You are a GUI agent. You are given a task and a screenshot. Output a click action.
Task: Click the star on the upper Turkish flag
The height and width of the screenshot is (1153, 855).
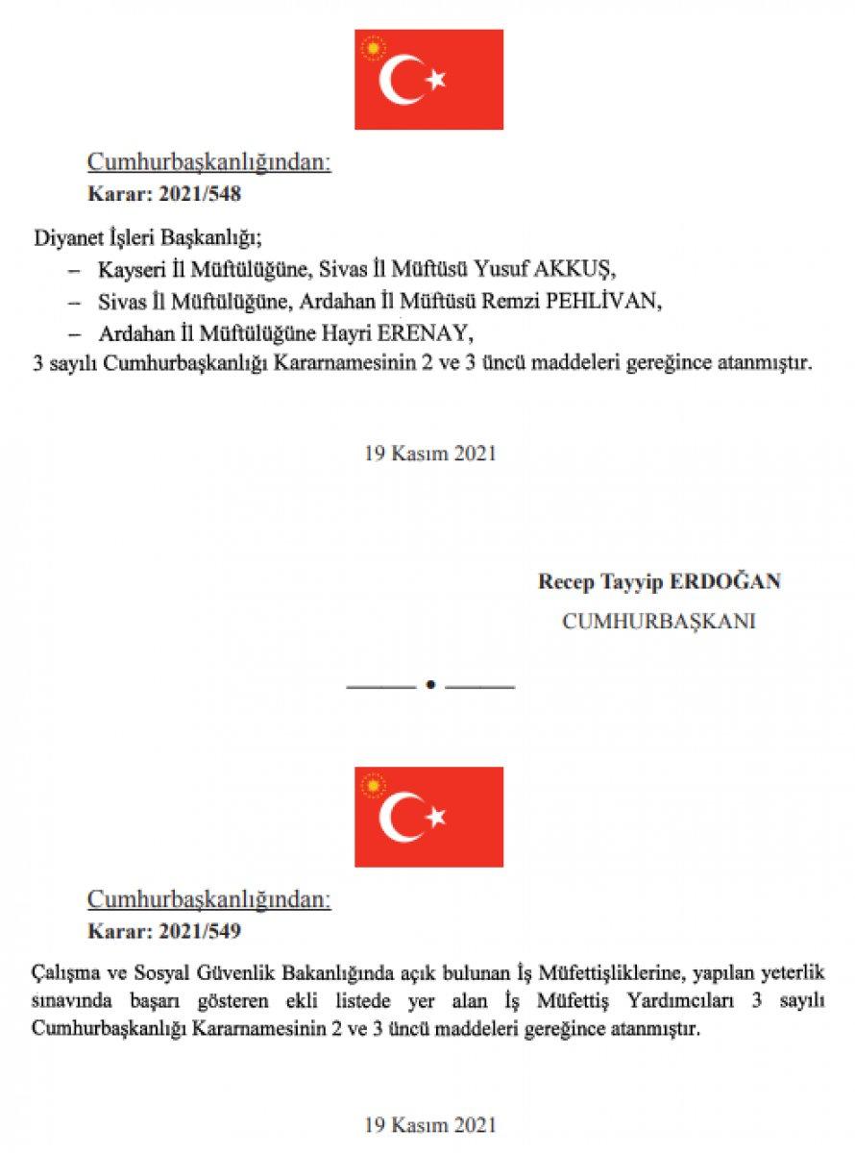tap(436, 80)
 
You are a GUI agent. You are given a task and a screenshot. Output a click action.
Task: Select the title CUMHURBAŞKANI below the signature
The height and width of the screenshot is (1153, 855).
tap(659, 621)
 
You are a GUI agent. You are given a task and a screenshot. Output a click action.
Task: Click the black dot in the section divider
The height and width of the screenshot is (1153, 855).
tap(430, 685)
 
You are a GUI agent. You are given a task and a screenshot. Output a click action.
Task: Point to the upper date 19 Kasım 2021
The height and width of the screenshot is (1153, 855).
tap(429, 454)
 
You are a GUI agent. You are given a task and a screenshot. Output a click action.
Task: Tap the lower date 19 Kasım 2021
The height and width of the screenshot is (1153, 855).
tap(429, 1123)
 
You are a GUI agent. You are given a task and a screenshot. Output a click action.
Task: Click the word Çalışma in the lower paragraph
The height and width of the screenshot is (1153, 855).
tap(61, 974)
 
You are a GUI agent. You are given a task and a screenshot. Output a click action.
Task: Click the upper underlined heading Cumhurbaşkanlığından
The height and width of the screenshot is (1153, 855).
tap(209, 161)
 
